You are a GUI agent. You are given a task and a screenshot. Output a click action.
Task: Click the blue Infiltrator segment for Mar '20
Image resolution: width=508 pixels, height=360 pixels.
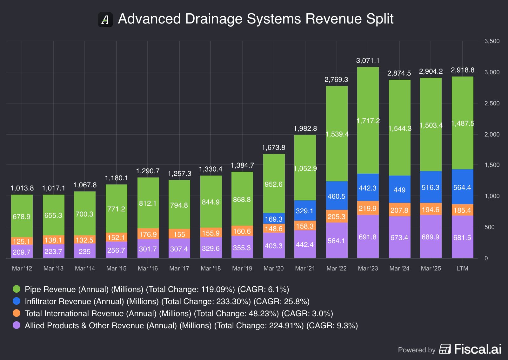[274, 218]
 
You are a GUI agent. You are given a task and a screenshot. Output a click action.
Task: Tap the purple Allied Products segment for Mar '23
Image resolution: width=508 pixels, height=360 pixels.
[368, 237]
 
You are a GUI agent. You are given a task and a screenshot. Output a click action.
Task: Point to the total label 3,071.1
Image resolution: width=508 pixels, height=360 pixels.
[368, 61]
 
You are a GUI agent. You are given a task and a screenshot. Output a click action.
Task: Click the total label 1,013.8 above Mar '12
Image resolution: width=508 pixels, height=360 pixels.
[22, 188]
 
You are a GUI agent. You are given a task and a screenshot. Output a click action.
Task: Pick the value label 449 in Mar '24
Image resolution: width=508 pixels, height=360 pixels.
[399, 190]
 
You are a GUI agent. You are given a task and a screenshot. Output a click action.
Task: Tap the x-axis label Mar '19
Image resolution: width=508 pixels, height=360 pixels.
[242, 269]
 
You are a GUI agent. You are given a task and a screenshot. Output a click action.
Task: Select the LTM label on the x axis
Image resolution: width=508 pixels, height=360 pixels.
[462, 269]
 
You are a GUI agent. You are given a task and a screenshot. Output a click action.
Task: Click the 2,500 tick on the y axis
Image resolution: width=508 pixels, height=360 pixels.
[492, 103]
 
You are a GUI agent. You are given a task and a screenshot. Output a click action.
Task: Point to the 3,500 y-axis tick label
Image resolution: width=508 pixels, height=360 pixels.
[492, 41]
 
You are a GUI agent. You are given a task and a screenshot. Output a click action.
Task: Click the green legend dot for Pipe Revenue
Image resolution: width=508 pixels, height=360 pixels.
[17, 289]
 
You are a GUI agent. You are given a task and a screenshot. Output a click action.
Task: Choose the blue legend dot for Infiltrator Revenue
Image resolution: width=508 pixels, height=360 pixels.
[17, 301]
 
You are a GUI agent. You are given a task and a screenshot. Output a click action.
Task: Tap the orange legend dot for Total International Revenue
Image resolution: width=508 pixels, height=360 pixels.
[17, 313]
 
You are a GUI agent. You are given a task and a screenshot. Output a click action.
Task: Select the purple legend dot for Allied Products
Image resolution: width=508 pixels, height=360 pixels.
[17, 325]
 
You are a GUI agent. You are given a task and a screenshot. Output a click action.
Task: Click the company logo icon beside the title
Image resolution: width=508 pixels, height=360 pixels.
[105, 20]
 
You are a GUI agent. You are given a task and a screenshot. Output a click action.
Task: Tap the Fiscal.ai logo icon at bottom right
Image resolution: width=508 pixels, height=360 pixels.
[445, 349]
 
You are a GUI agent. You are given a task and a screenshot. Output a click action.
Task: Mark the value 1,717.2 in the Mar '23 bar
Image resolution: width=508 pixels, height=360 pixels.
[368, 121]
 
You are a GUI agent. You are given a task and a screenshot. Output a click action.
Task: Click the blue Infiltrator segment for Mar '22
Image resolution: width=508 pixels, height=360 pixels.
[337, 196]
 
